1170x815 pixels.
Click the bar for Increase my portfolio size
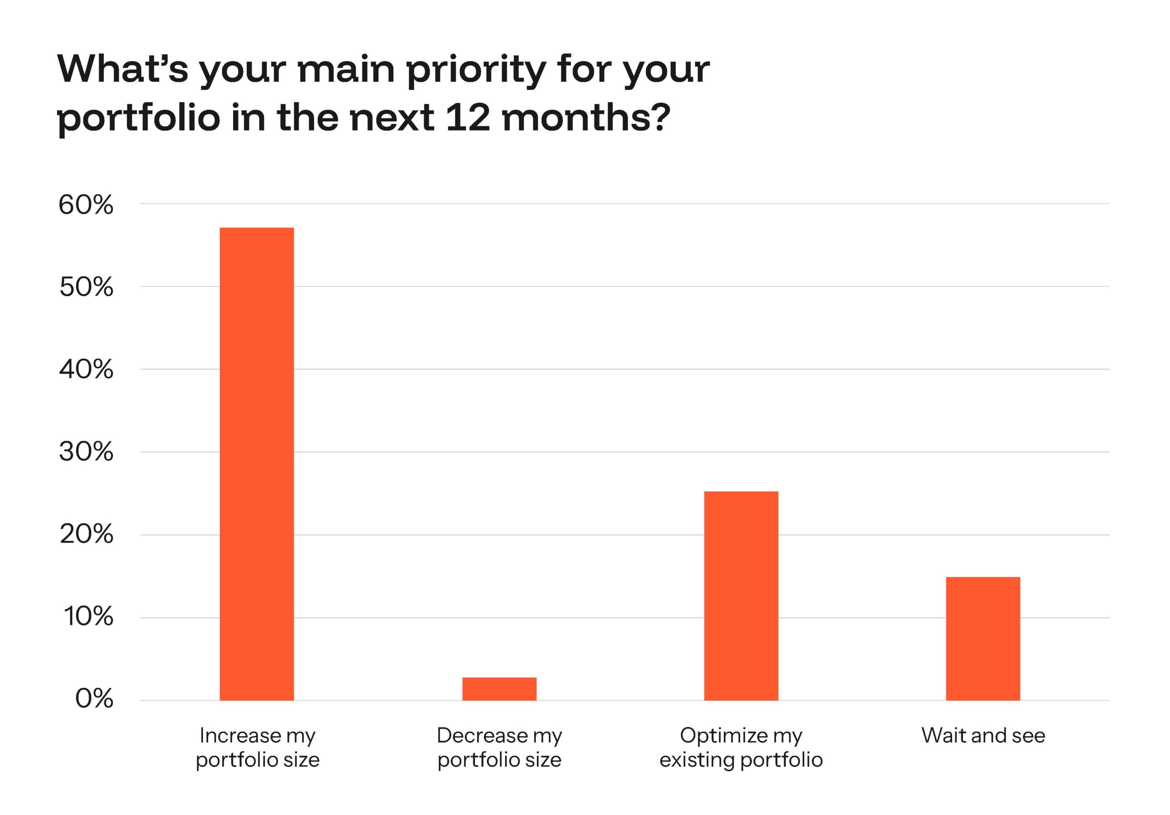click(x=256, y=464)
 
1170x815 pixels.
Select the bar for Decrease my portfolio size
click(x=499, y=688)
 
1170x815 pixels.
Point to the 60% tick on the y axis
click(x=85, y=205)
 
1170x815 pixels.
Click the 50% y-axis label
click(x=85, y=287)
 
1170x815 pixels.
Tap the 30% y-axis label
click(x=85, y=452)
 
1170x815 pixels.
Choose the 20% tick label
click(x=85, y=535)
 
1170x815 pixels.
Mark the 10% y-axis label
click(x=88, y=617)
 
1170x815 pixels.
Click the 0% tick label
click(x=94, y=699)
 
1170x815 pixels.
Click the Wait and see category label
click(x=983, y=736)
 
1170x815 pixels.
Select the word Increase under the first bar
click(x=239, y=736)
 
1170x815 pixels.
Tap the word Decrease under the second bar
click(x=482, y=736)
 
